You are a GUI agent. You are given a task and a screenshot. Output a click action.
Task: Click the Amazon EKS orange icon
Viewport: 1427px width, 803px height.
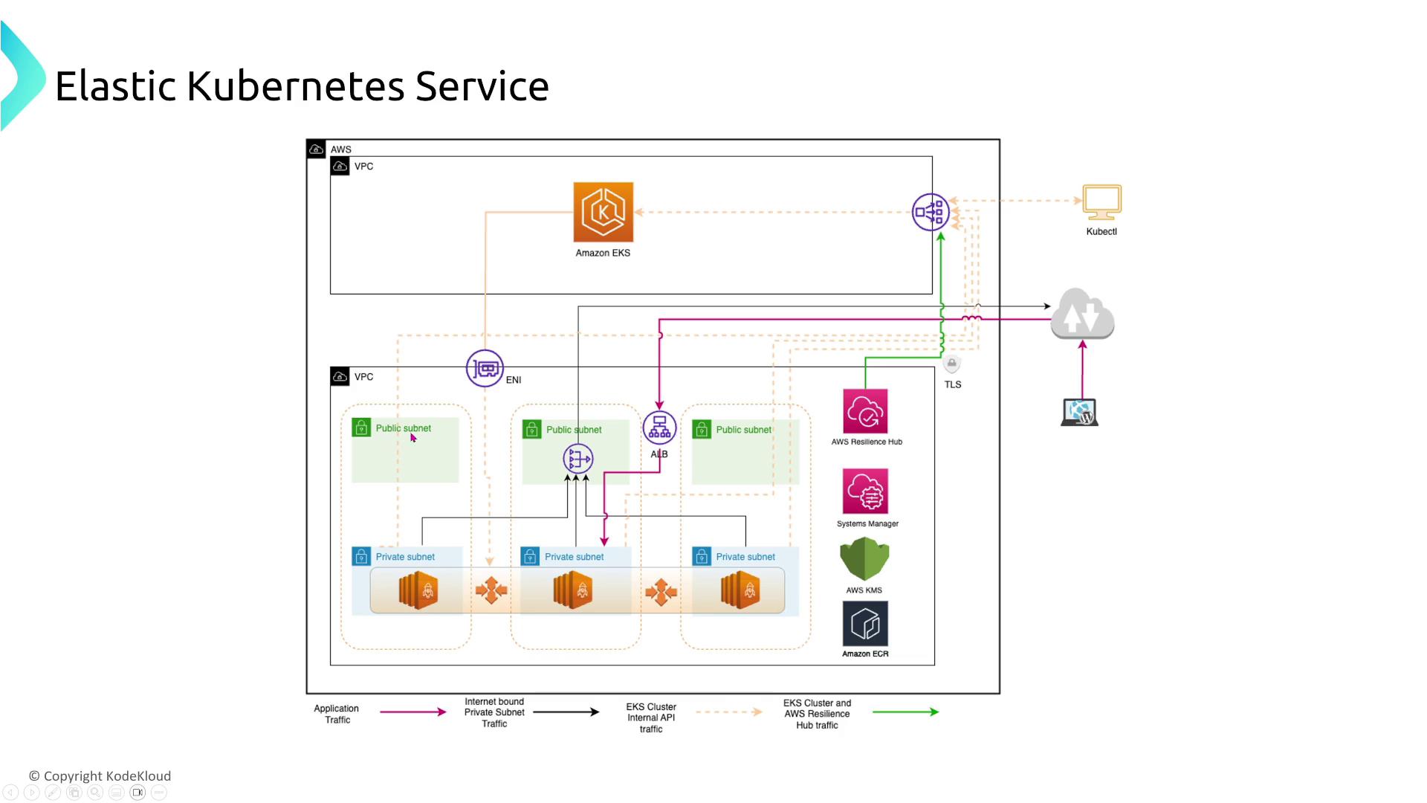[603, 212]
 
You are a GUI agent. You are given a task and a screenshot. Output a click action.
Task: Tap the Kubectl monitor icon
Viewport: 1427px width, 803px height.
[1101, 202]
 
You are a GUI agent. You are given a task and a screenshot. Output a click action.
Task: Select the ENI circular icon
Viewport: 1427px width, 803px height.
[485, 368]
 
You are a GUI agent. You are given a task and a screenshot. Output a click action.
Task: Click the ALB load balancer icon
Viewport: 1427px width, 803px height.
[659, 428]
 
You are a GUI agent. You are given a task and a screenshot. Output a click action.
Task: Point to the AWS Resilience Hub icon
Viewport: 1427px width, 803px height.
[865, 411]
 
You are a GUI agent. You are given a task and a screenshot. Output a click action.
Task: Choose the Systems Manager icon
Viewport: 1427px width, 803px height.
[865, 491]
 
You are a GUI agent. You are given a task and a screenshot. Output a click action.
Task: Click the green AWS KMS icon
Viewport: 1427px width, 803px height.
[864, 559]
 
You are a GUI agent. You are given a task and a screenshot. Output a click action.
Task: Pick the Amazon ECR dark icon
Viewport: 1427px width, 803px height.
[865, 624]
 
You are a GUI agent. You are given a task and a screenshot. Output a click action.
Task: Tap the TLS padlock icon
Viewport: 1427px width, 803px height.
[952, 364]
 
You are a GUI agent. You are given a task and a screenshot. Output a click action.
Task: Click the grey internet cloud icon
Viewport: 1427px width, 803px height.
[1082, 315]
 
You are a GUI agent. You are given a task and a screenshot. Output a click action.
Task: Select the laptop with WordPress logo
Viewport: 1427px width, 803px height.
[1080, 413]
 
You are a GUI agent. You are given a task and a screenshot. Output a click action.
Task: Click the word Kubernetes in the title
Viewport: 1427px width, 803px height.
[295, 86]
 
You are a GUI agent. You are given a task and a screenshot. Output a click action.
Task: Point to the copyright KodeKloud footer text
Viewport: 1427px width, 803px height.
[100, 775]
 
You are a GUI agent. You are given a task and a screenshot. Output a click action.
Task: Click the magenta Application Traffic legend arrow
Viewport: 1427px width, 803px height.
[412, 712]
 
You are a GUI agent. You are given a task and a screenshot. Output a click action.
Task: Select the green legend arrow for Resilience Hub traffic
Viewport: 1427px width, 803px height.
[905, 712]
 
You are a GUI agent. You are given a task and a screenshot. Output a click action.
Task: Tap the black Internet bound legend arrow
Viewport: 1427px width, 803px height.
[566, 712]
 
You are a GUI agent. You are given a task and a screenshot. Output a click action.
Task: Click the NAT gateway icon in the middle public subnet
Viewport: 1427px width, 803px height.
[578, 459]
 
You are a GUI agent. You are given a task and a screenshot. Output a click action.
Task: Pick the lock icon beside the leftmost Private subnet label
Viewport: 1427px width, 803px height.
[361, 556]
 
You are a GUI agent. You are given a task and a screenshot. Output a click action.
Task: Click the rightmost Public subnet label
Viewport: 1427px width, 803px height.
[743, 430]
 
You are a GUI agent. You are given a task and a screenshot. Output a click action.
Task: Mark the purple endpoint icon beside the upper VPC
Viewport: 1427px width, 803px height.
[930, 212]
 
